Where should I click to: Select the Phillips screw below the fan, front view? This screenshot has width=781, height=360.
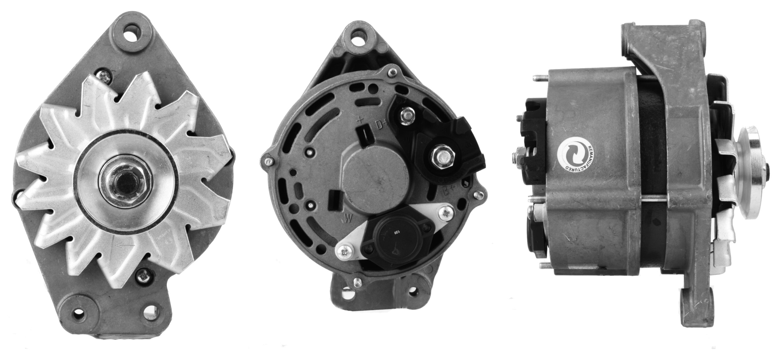[144, 276]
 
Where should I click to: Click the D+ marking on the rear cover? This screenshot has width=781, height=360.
[381, 125]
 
